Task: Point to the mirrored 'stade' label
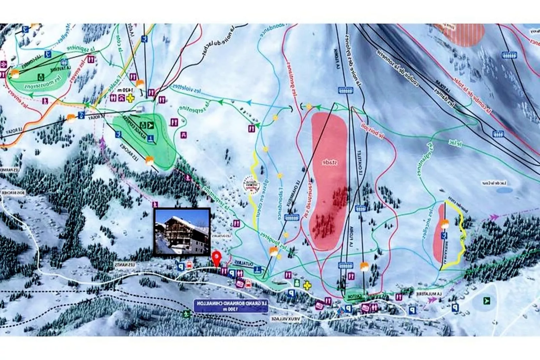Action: point(329,163)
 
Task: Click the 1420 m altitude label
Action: point(125,90)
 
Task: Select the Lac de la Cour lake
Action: point(504,190)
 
